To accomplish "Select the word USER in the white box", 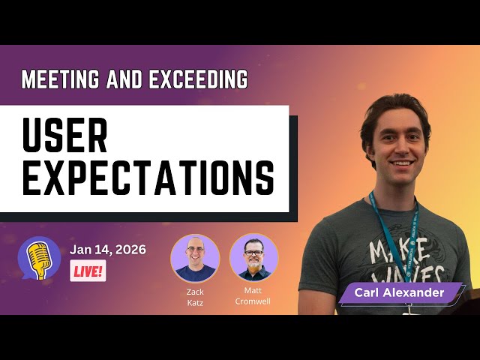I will pyautogui.click(x=65, y=136).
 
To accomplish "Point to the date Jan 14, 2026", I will pyautogui.click(x=108, y=249).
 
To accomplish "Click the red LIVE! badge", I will pyautogui.click(x=88, y=271).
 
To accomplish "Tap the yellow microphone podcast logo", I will pyautogui.click(x=38, y=259).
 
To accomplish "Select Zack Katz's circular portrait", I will pyautogui.click(x=195, y=258).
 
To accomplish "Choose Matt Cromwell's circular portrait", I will pyautogui.click(x=253, y=258).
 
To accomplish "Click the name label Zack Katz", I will pyautogui.click(x=195, y=296).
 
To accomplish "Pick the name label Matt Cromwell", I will pyautogui.click(x=253, y=296).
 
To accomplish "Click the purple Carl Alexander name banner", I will pyautogui.click(x=401, y=292).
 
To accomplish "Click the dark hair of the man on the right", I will pyautogui.click(x=394, y=109).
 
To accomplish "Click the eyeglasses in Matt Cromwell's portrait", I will pyautogui.click(x=253, y=252).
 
